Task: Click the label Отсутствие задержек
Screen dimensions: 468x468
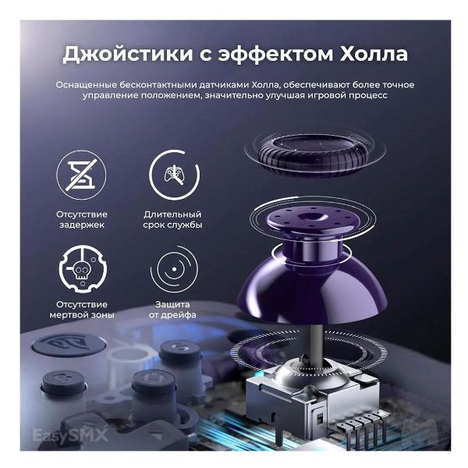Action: (x=81, y=219)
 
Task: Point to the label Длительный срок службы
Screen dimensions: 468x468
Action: (x=172, y=219)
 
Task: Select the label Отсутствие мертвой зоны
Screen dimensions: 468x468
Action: (x=81, y=310)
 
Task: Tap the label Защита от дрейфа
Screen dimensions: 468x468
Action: (x=172, y=310)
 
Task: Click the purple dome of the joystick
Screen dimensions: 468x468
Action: (x=312, y=280)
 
